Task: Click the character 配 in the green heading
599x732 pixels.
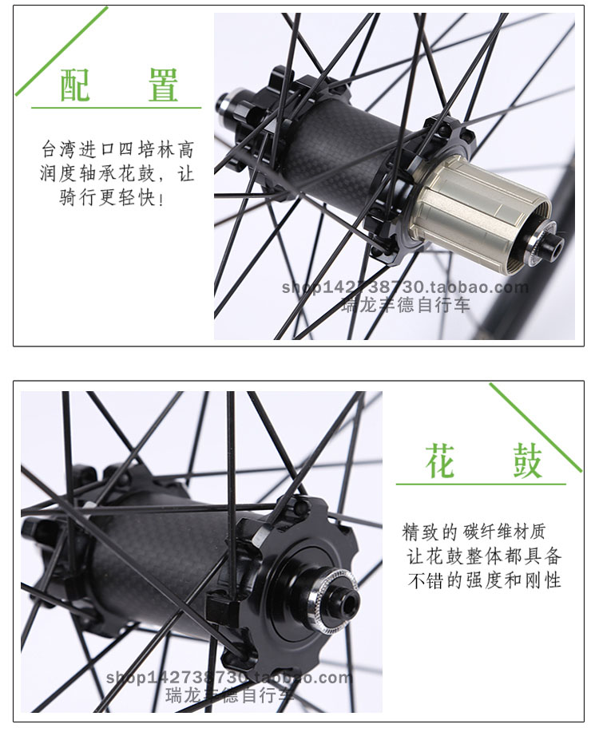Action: pos(75,85)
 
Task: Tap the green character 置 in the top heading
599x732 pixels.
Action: pos(163,85)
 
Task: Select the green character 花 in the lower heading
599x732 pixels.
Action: pos(440,461)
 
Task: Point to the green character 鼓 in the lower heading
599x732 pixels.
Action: pos(528,461)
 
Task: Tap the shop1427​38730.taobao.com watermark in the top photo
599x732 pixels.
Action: pos(405,287)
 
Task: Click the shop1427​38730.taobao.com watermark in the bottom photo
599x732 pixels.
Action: pos(228,677)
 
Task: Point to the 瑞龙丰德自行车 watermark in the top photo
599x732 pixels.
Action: pos(406,305)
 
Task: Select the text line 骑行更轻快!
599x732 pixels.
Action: pos(112,197)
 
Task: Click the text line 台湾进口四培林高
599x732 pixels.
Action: pos(117,149)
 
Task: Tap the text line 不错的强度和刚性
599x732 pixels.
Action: pos(484,580)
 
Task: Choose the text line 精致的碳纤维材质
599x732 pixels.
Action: pos(474,532)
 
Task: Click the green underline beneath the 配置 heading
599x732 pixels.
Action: pos(117,108)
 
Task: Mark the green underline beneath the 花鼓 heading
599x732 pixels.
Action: pos(481,484)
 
